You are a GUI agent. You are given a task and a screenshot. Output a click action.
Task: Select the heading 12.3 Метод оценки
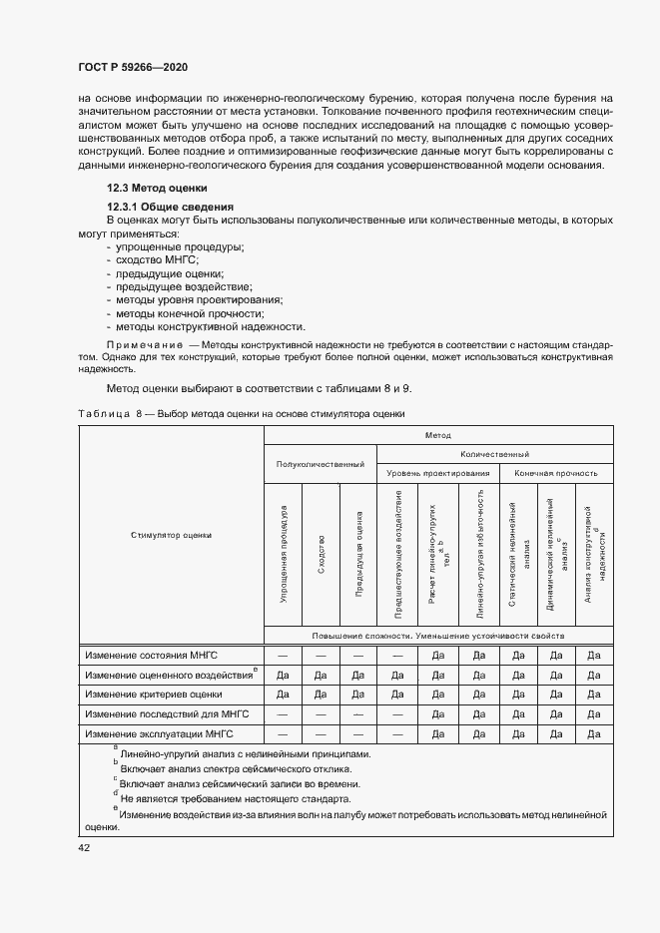(157, 188)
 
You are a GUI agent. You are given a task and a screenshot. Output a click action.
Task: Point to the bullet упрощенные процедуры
(180, 246)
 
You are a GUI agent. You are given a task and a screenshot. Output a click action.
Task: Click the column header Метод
(437, 435)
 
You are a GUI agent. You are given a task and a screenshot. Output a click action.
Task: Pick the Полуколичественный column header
(321, 463)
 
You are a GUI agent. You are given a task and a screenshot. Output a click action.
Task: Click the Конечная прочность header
(556, 473)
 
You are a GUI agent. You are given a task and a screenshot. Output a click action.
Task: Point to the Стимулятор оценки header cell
(171, 536)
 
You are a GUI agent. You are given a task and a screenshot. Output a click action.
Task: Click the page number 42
(84, 847)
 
